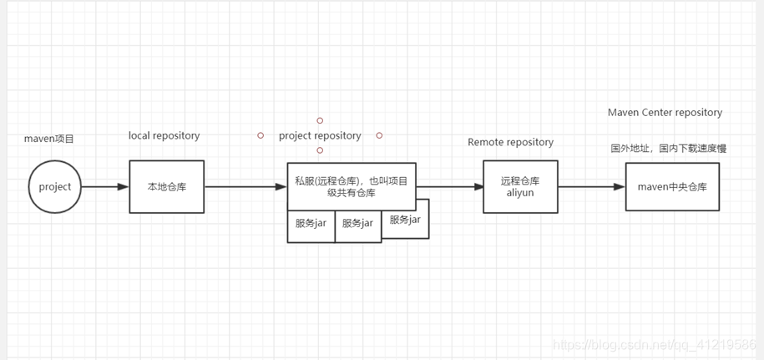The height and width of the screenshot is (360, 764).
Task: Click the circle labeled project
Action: [55, 186]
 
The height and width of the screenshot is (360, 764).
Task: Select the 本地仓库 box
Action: [166, 186]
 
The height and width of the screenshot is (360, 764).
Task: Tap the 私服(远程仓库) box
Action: [352, 186]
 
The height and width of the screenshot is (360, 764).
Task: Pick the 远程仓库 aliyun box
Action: [520, 186]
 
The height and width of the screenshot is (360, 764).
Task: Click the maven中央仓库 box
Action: [672, 186]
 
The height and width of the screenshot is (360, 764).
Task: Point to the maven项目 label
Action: [49, 138]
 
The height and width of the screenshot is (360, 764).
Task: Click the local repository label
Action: [164, 135]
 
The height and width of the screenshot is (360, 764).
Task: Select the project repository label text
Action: [320, 135]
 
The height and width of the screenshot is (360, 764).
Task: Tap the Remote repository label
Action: [510, 142]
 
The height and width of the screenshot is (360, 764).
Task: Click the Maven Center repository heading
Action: [665, 112]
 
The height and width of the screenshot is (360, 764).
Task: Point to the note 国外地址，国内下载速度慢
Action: [668, 149]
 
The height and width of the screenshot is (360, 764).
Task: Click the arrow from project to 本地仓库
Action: [105, 186]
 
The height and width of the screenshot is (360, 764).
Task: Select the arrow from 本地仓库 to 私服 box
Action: [245, 186]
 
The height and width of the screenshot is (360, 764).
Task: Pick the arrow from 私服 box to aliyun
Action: [449, 186]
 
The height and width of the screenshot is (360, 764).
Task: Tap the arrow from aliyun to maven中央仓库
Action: [591, 186]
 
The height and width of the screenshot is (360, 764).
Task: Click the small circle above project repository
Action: [320, 120]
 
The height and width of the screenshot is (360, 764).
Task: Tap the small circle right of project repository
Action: [379, 135]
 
